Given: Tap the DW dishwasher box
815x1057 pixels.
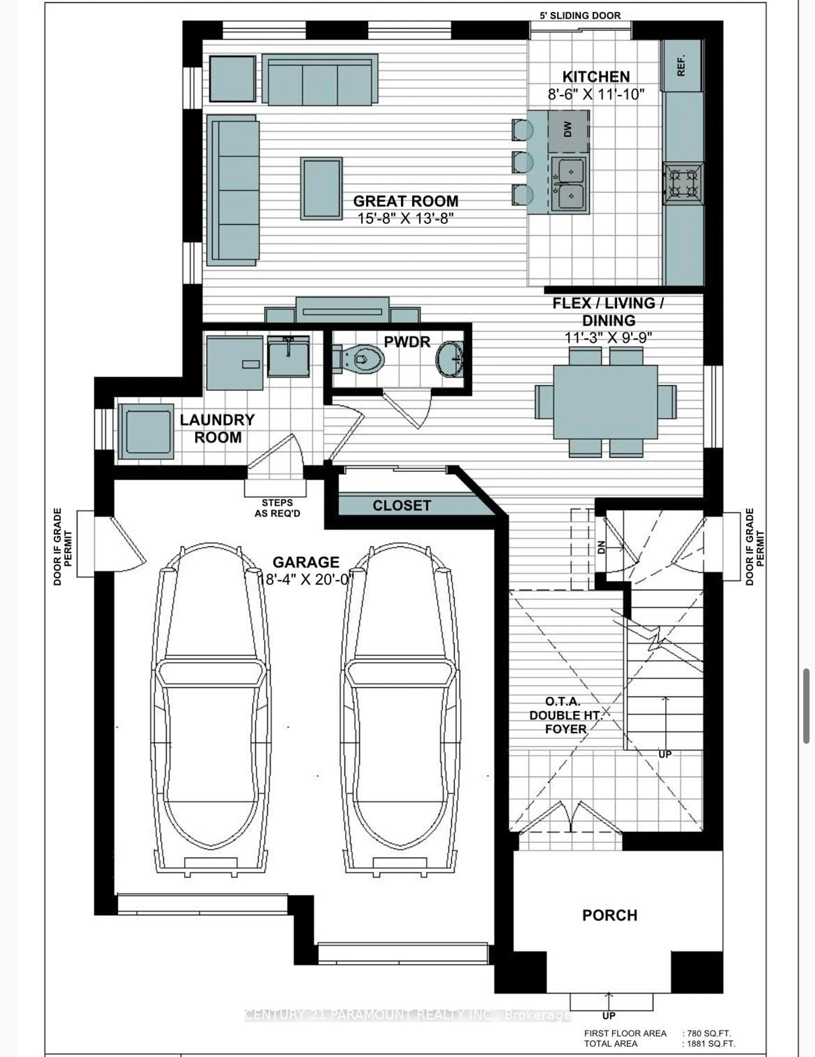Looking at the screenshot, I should pos(568,130).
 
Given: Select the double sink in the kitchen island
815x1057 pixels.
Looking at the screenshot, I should pos(570,184).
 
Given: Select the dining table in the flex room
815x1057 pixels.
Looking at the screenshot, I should pos(606,402).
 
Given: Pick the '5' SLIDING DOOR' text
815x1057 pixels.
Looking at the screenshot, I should pos(580,16).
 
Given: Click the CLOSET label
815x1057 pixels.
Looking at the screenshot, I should pos(402,506).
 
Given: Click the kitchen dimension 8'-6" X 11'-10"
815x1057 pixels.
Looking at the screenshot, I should pos(596,94).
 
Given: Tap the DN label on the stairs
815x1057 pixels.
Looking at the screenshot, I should pos(601,547).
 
